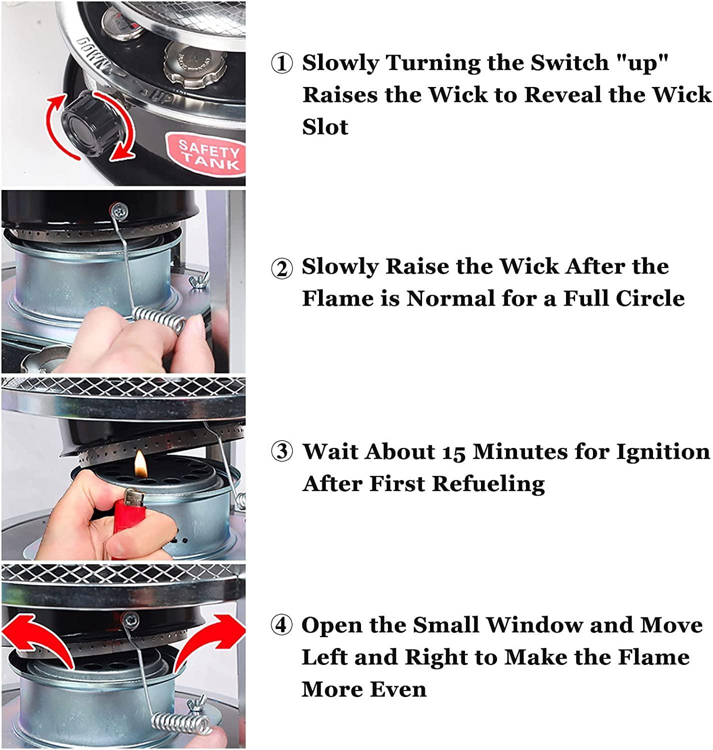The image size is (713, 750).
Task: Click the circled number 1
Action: (x=282, y=63)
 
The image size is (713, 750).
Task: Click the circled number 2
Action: (x=282, y=268)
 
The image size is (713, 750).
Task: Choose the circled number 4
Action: (x=282, y=625)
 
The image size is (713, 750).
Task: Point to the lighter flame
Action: (x=140, y=464)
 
